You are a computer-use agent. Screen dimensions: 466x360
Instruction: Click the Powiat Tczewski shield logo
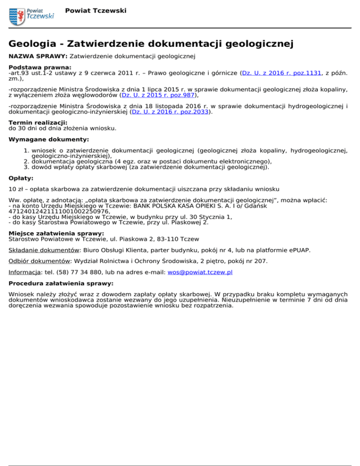pos(17,16)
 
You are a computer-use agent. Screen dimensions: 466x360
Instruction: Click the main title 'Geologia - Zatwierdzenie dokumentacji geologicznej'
pos(151,44)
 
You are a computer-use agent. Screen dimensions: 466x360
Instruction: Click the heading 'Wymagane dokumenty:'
pos(49,140)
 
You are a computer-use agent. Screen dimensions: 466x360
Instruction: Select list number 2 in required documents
pos(27,160)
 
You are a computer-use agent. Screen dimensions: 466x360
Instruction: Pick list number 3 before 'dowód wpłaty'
pos(27,166)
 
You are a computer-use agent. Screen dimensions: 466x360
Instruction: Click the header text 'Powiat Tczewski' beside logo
pos(96,10)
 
